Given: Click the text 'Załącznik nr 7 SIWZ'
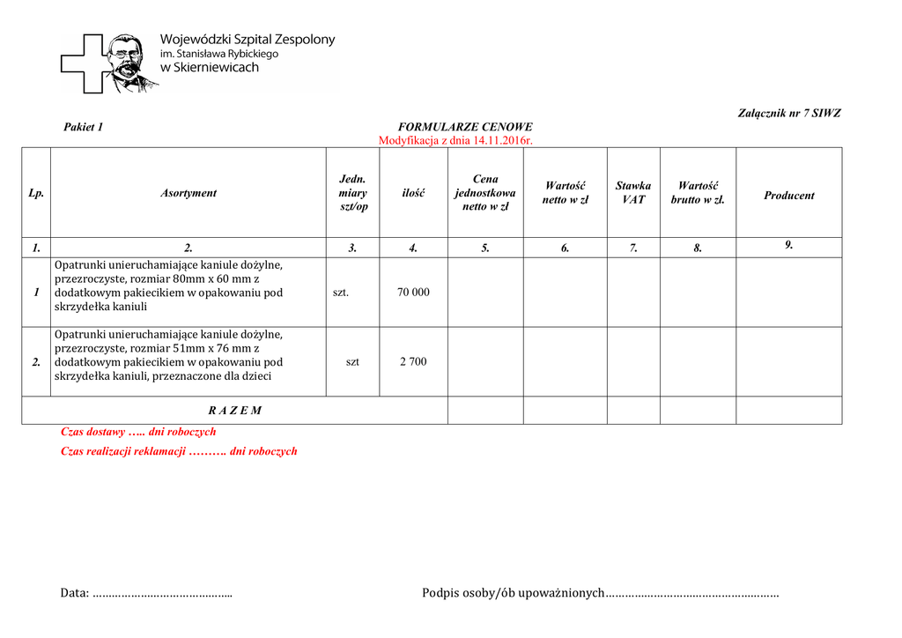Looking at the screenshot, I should pyautogui.click(x=788, y=114).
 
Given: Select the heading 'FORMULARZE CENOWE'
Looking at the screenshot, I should pyautogui.click(x=465, y=127).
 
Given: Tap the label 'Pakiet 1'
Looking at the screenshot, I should pyautogui.click(x=84, y=127).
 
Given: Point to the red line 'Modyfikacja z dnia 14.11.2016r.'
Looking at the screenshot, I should pyautogui.click(x=455, y=140).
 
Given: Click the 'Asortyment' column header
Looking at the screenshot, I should pyautogui.click(x=189, y=193).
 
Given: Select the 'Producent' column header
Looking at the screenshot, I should pyautogui.click(x=788, y=196).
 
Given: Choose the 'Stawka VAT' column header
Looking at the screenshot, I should pyautogui.click(x=633, y=193).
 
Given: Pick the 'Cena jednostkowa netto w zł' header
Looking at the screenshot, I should pyautogui.click(x=485, y=193).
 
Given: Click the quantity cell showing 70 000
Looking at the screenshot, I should pyautogui.click(x=414, y=293).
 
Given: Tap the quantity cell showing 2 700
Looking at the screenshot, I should pyautogui.click(x=413, y=361).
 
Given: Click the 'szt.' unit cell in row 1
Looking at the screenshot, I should pyautogui.click(x=341, y=293).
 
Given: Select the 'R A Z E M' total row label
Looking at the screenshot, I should pyautogui.click(x=235, y=411).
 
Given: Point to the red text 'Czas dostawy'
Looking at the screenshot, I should pyautogui.click(x=138, y=432).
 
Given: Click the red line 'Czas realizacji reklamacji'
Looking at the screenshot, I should pyautogui.click(x=179, y=451).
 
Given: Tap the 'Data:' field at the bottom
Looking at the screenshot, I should pyautogui.click(x=146, y=593).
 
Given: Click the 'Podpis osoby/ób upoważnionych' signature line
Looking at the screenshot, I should pyautogui.click(x=600, y=593).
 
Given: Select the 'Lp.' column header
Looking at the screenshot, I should pyautogui.click(x=36, y=193).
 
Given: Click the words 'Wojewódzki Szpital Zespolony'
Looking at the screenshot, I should pyautogui.click(x=248, y=40).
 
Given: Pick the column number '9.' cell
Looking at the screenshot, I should pyautogui.click(x=789, y=246).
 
